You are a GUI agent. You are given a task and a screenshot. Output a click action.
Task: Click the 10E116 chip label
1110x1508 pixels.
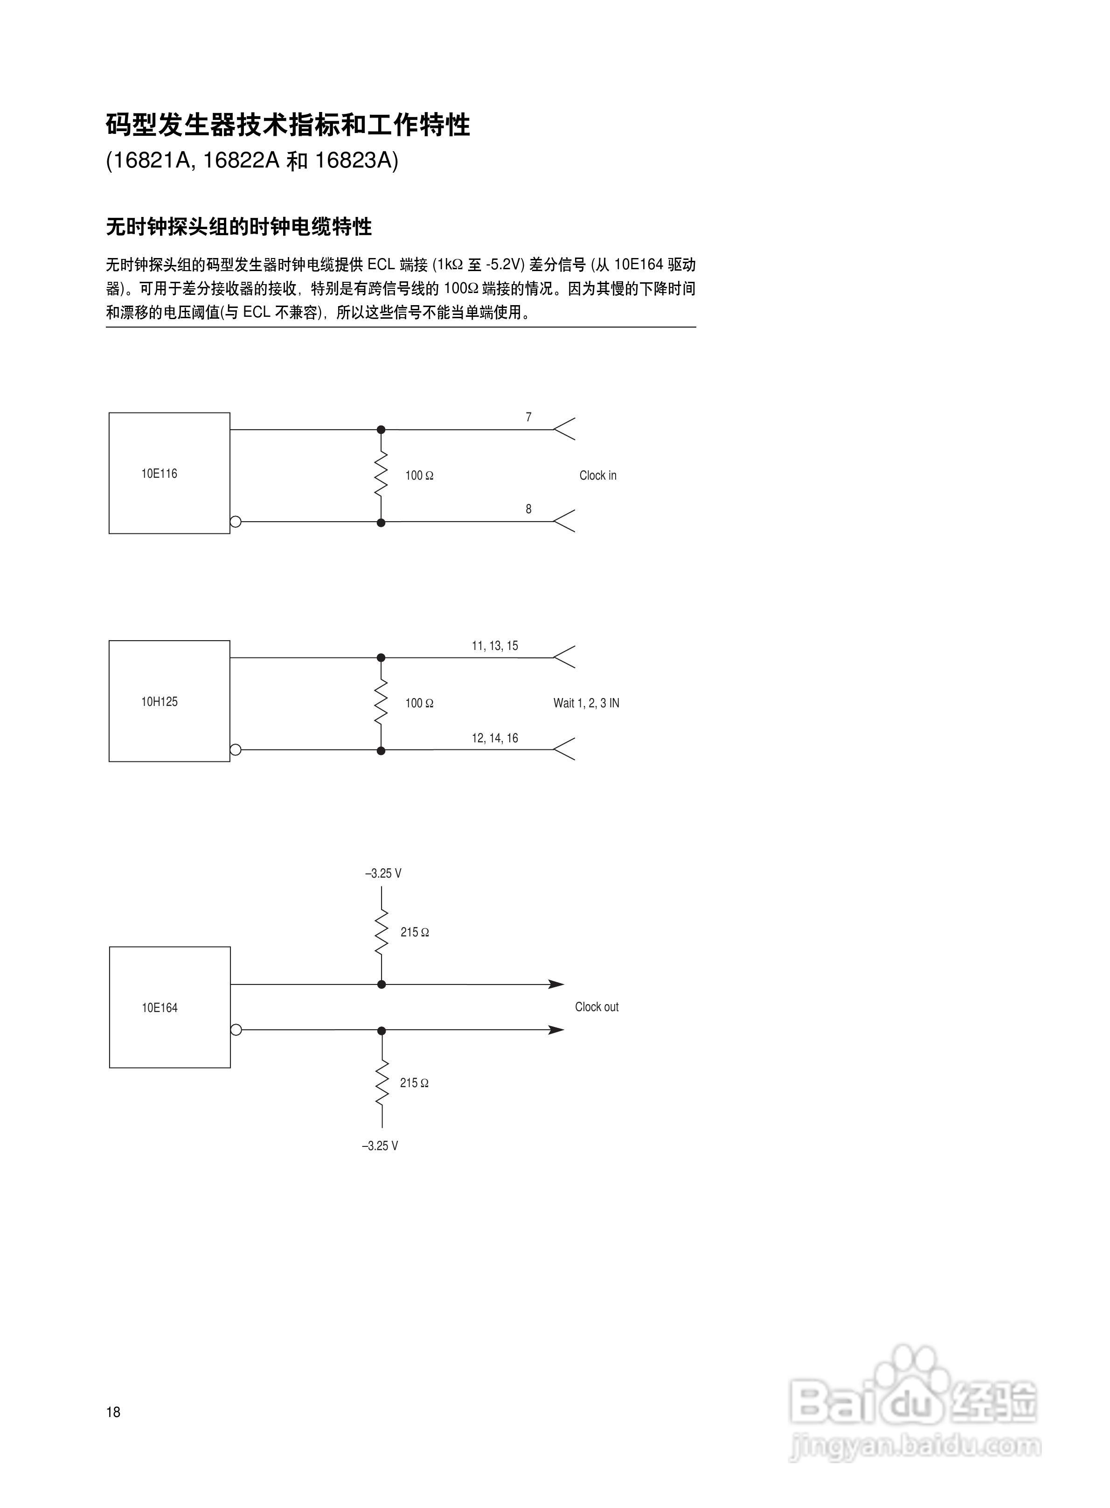coord(159,474)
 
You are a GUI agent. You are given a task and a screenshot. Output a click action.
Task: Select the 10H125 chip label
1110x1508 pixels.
coord(159,702)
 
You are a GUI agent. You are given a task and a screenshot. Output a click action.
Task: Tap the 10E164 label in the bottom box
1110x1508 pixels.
coord(159,1007)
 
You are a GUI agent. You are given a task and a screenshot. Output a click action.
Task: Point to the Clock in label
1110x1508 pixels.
coord(597,476)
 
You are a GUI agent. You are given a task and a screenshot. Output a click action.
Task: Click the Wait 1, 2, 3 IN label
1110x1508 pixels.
coord(586,703)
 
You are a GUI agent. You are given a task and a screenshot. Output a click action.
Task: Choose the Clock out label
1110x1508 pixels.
coord(596,1007)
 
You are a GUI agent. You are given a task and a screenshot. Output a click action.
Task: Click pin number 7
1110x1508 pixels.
coord(528,417)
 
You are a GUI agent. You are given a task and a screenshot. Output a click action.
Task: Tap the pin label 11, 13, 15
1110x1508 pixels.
coord(494,646)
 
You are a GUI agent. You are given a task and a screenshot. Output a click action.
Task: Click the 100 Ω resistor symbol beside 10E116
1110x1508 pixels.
coord(381,475)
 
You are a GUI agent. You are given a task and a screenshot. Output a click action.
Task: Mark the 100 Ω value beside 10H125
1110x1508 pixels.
coord(419,703)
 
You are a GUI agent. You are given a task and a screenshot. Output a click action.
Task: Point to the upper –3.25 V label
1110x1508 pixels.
coord(383,873)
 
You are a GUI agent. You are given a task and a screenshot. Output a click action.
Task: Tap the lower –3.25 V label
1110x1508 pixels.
coord(380,1146)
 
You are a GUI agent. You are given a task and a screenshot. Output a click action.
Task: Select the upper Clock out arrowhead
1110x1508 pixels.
coord(556,984)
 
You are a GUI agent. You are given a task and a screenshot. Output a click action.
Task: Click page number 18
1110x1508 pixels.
coord(113,1412)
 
